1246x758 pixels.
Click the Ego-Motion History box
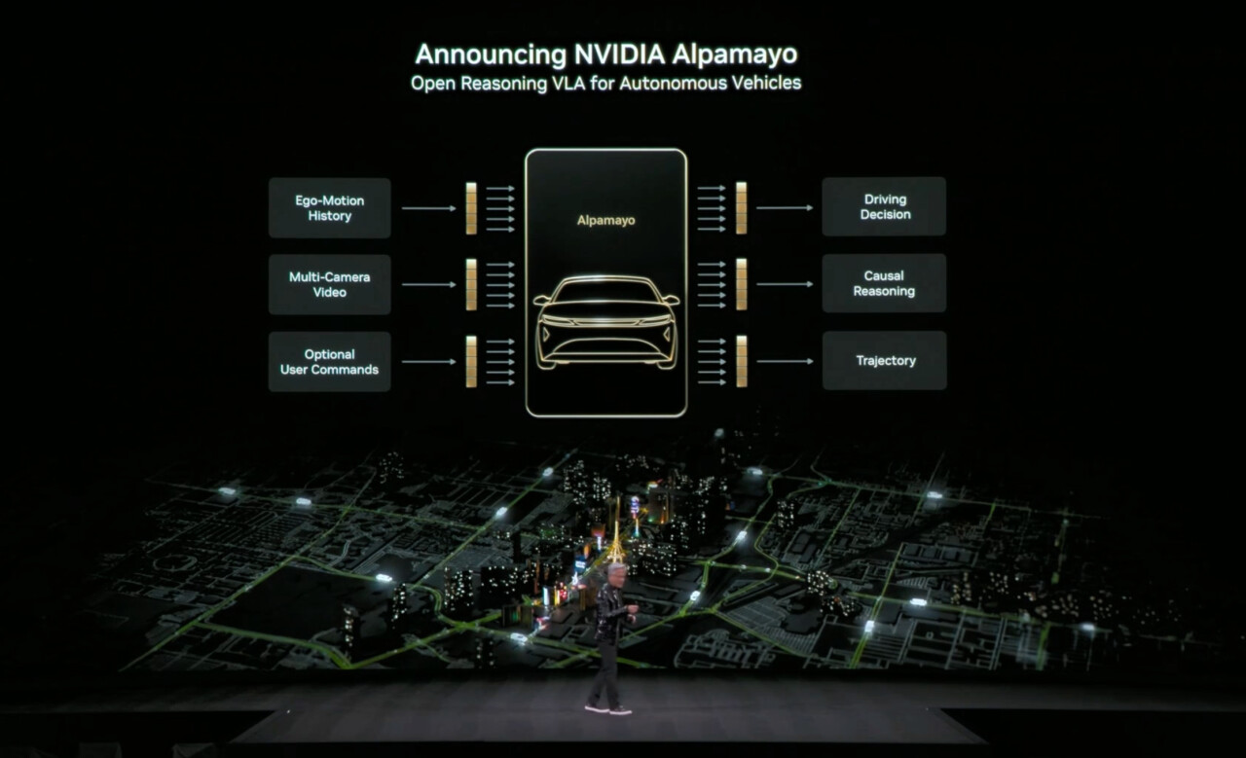click(x=330, y=208)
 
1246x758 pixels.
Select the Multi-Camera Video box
click(x=330, y=285)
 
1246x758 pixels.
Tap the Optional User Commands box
click(x=330, y=362)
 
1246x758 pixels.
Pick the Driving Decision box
click(x=885, y=207)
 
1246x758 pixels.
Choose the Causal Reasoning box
click(x=885, y=283)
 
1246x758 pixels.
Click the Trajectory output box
click(x=885, y=361)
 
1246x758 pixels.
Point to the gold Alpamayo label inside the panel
click(x=605, y=221)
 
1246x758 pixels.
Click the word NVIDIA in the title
click(x=619, y=54)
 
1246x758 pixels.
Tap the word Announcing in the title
click(x=491, y=55)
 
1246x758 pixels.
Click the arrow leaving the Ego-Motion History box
click(x=429, y=208)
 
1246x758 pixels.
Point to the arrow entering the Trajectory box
click(x=785, y=361)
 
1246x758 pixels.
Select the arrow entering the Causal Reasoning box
click(x=785, y=284)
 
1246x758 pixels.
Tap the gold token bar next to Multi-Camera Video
click(x=471, y=285)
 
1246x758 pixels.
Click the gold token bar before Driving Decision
click(x=742, y=208)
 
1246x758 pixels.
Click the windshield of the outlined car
click(x=605, y=290)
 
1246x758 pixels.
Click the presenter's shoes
click(x=608, y=709)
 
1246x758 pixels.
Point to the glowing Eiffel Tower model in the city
click(x=615, y=542)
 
